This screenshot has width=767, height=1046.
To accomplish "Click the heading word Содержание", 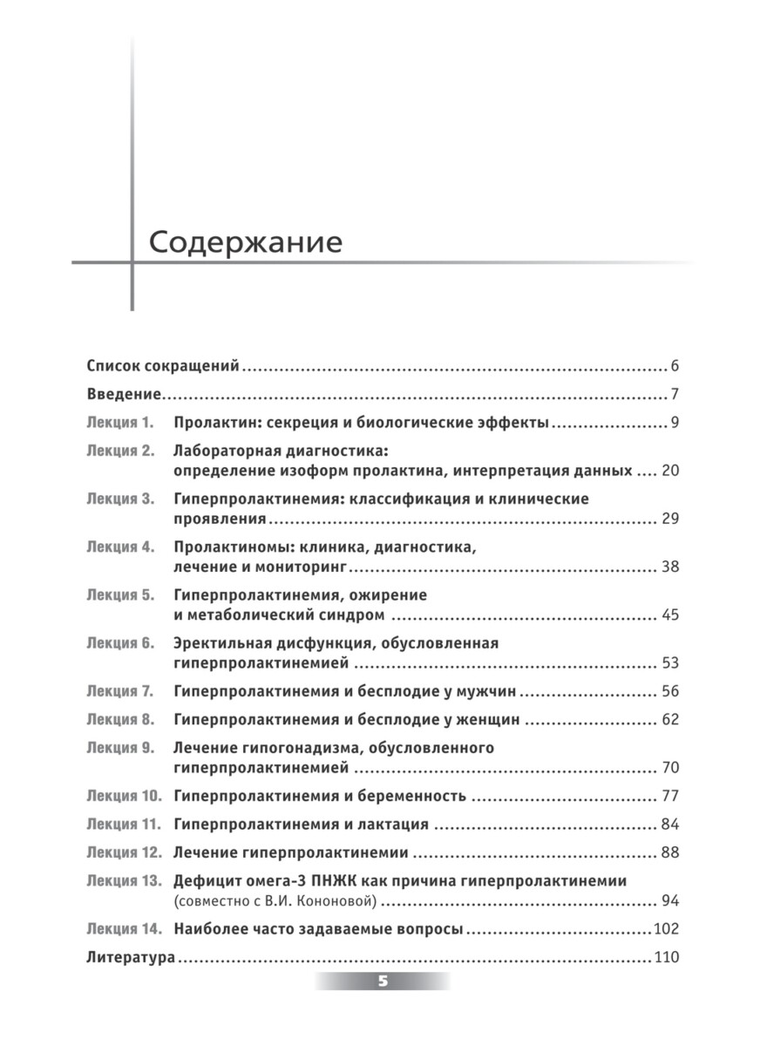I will pos(245,242).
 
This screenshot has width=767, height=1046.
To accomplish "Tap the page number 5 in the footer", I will pos(383,981).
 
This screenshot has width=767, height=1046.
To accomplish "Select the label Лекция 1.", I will pos(120,424).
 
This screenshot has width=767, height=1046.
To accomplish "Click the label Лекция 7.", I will pos(120,692).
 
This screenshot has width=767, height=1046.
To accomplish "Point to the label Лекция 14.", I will pos(125,929).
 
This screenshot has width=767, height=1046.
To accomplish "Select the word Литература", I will pos(132,958).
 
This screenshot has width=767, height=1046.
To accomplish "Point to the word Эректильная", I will pos(218,643).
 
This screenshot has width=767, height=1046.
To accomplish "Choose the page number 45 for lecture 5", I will pos(669,616).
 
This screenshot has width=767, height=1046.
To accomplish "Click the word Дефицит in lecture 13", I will pos(205,881).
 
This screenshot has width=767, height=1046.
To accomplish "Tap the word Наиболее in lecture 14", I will pos(210,929).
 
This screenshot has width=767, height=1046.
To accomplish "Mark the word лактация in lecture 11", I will pos(397,825).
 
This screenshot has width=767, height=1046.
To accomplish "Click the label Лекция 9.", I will pos(120,748).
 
